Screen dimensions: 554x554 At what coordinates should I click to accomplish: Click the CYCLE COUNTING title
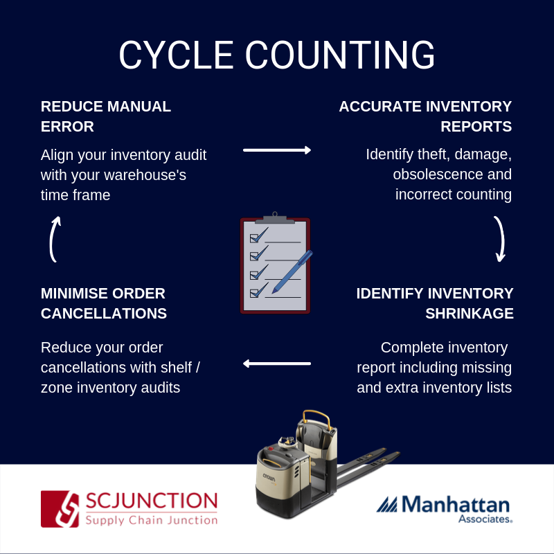276,55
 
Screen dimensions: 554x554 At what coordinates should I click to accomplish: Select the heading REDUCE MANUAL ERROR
106,116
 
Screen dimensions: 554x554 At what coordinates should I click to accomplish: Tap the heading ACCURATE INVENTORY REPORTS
425,116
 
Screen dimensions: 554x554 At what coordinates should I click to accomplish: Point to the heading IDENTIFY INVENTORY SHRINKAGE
435,303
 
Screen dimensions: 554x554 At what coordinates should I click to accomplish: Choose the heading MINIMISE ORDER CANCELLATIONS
104,303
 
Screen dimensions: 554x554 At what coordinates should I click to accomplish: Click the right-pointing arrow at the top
277,150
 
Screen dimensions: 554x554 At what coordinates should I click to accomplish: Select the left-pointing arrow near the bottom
277,363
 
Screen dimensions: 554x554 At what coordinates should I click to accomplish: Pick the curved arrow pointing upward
54,239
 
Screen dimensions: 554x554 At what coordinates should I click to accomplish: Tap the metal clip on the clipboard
275,218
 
